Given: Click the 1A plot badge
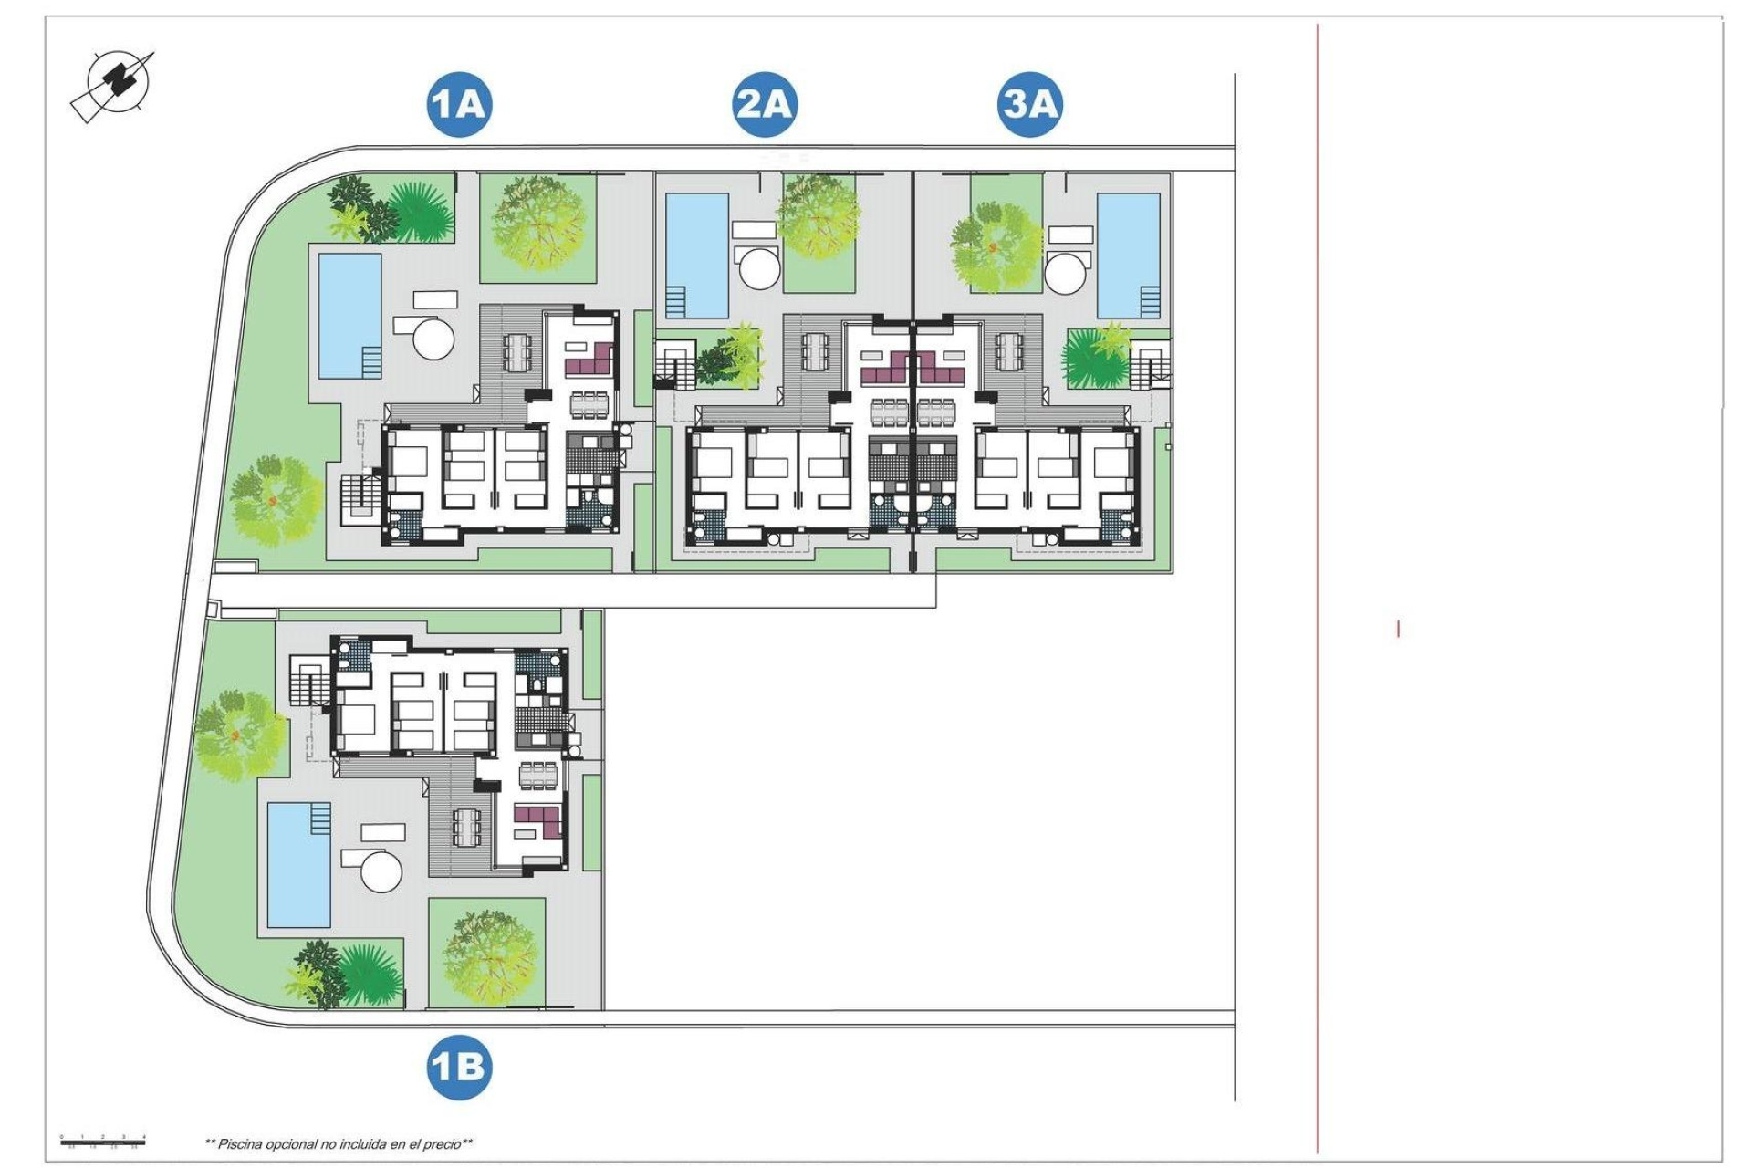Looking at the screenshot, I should click(x=459, y=104).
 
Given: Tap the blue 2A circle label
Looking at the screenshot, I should click(x=765, y=104).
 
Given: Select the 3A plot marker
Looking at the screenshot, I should click(x=1029, y=104).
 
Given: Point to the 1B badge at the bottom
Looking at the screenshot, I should click(x=459, y=1067).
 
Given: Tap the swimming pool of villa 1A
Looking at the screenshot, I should click(x=349, y=316).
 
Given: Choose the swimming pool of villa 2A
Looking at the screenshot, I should click(x=697, y=254).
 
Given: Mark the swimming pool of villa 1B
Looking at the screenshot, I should click(x=299, y=865).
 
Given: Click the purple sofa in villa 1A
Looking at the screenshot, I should click(x=589, y=360).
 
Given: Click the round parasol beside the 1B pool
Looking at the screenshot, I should click(x=381, y=871).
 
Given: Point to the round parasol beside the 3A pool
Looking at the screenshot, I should click(x=1068, y=271).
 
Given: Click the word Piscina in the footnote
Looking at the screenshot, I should click(x=240, y=1143).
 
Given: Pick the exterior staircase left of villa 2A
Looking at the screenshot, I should click(x=674, y=364).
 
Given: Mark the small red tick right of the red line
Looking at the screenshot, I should click(x=1398, y=629).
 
